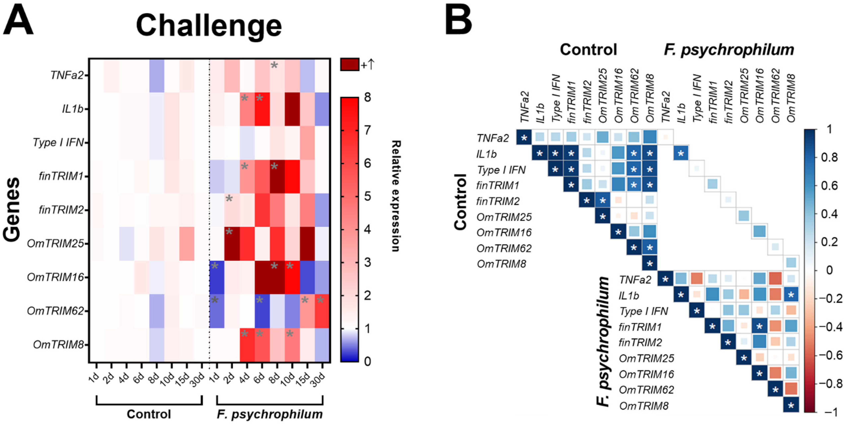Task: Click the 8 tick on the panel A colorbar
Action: [x=367, y=98]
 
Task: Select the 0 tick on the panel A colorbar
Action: [x=367, y=361]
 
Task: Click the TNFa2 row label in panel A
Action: [x=67, y=75]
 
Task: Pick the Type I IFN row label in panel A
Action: [x=58, y=142]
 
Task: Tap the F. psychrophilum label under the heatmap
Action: [x=270, y=414]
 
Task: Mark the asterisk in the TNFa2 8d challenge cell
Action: [x=274, y=65]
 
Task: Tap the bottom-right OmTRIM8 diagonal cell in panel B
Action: [x=791, y=405]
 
